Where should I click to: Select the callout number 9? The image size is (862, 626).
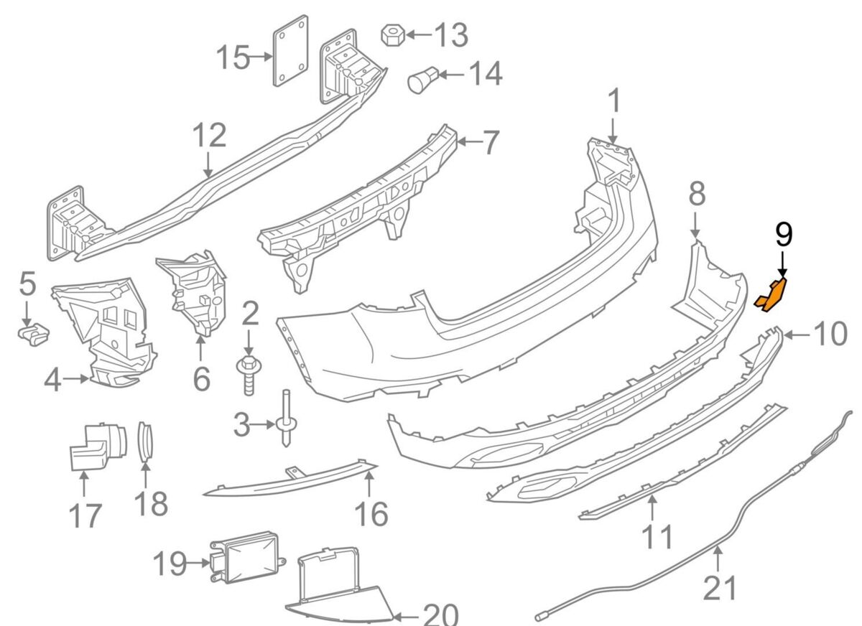(x=784, y=235)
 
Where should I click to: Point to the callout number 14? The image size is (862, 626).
(x=486, y=73)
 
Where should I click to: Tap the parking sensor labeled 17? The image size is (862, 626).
(x=94, y=445)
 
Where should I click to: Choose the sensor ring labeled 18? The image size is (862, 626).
(x=146, y=439)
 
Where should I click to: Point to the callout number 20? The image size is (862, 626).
(x=440, y=615)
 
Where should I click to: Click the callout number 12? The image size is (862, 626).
(x=209, y=136)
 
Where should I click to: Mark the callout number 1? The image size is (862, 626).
(x=614, y=102)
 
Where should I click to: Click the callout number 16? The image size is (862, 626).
(x=371, y=513)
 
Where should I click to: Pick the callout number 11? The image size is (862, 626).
(x=657, y=536)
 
